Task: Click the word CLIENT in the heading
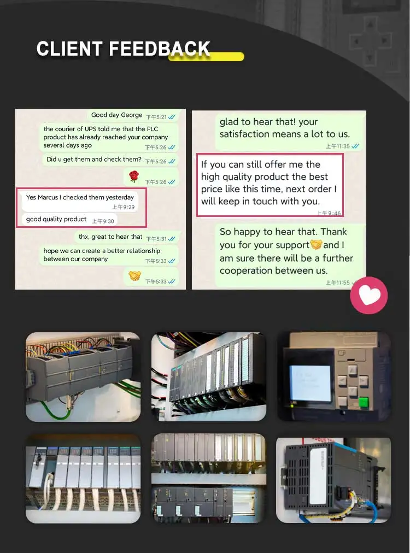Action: [69, 49]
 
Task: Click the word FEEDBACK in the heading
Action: [160, 49]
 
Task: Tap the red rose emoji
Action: [134, 176]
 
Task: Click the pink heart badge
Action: [368, 295]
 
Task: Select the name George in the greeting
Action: [131, 115]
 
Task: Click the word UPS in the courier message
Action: [90, 129]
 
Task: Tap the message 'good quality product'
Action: [56, 219]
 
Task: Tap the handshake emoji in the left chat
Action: [134, 275]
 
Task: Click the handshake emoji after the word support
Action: [316, 244]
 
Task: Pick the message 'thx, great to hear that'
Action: [110, 237]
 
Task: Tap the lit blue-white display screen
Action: [310, 383]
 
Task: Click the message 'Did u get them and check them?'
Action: [94, 160]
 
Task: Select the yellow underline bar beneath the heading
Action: [206, 56]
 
